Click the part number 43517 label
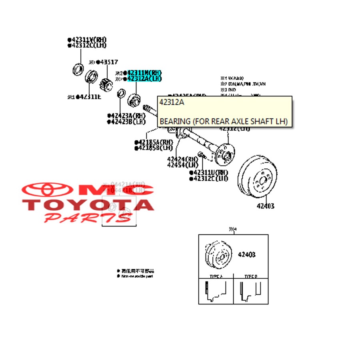tap(108, 62)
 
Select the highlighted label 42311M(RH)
tap(144, 73)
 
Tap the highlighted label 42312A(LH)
tap(144, 79)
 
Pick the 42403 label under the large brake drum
tap(266, 206)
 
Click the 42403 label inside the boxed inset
tap(247, 254)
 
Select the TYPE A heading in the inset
tap(216, 276)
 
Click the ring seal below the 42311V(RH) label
tap(78, 69)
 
